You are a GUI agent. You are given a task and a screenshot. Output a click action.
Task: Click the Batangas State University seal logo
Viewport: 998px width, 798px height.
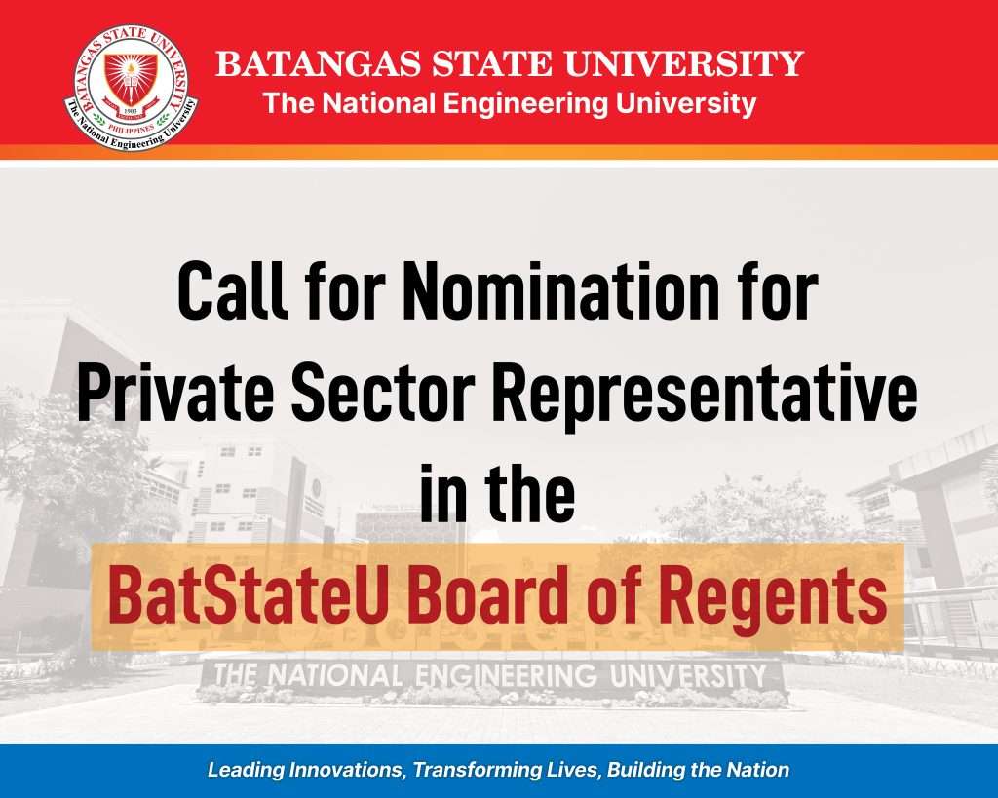[132, 89]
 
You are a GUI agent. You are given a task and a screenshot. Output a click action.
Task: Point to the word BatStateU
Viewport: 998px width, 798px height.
[247, 596]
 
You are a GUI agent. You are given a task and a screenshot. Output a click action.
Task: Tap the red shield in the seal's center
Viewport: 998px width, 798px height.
[132, 79]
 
